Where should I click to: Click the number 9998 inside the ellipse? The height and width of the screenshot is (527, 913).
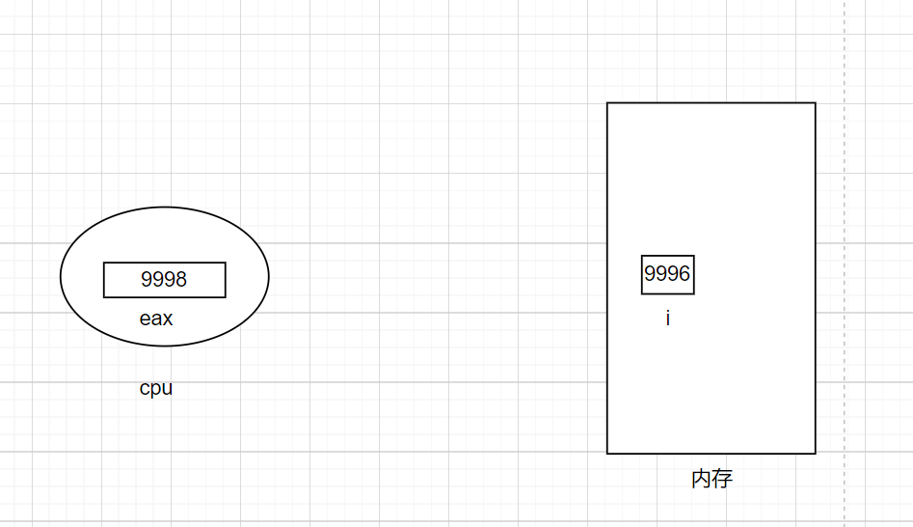[164, 280]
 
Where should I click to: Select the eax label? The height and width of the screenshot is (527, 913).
[156, 319]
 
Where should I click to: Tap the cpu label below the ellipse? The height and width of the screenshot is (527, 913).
[156, 389]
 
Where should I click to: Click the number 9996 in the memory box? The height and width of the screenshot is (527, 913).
[667, 274]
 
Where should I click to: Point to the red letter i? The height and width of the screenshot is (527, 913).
[667, 319]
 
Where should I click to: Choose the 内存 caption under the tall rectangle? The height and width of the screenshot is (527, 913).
[712, 479]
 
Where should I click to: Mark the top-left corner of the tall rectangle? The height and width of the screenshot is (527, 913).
[607, 103]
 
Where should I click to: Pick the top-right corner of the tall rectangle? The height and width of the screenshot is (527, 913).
[816, 103]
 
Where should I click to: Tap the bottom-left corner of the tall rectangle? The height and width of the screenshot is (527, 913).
[607, 453]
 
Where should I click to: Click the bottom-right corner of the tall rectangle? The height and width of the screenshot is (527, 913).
[816, 453]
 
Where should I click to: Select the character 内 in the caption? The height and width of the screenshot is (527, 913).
[702, 479]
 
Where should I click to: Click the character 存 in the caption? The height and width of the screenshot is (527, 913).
[723, 479]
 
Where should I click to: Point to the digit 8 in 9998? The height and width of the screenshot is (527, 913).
[180, 280]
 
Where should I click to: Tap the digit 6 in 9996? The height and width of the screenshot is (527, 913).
[685, 274]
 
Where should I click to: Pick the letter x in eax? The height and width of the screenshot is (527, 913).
[168, 319]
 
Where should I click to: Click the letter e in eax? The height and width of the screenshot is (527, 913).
[145, 319]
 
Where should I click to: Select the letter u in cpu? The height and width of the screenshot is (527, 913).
[167, 389]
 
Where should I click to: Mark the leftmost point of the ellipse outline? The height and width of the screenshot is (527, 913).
[61, 277]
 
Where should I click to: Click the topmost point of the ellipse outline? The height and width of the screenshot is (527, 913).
[165, 208]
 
